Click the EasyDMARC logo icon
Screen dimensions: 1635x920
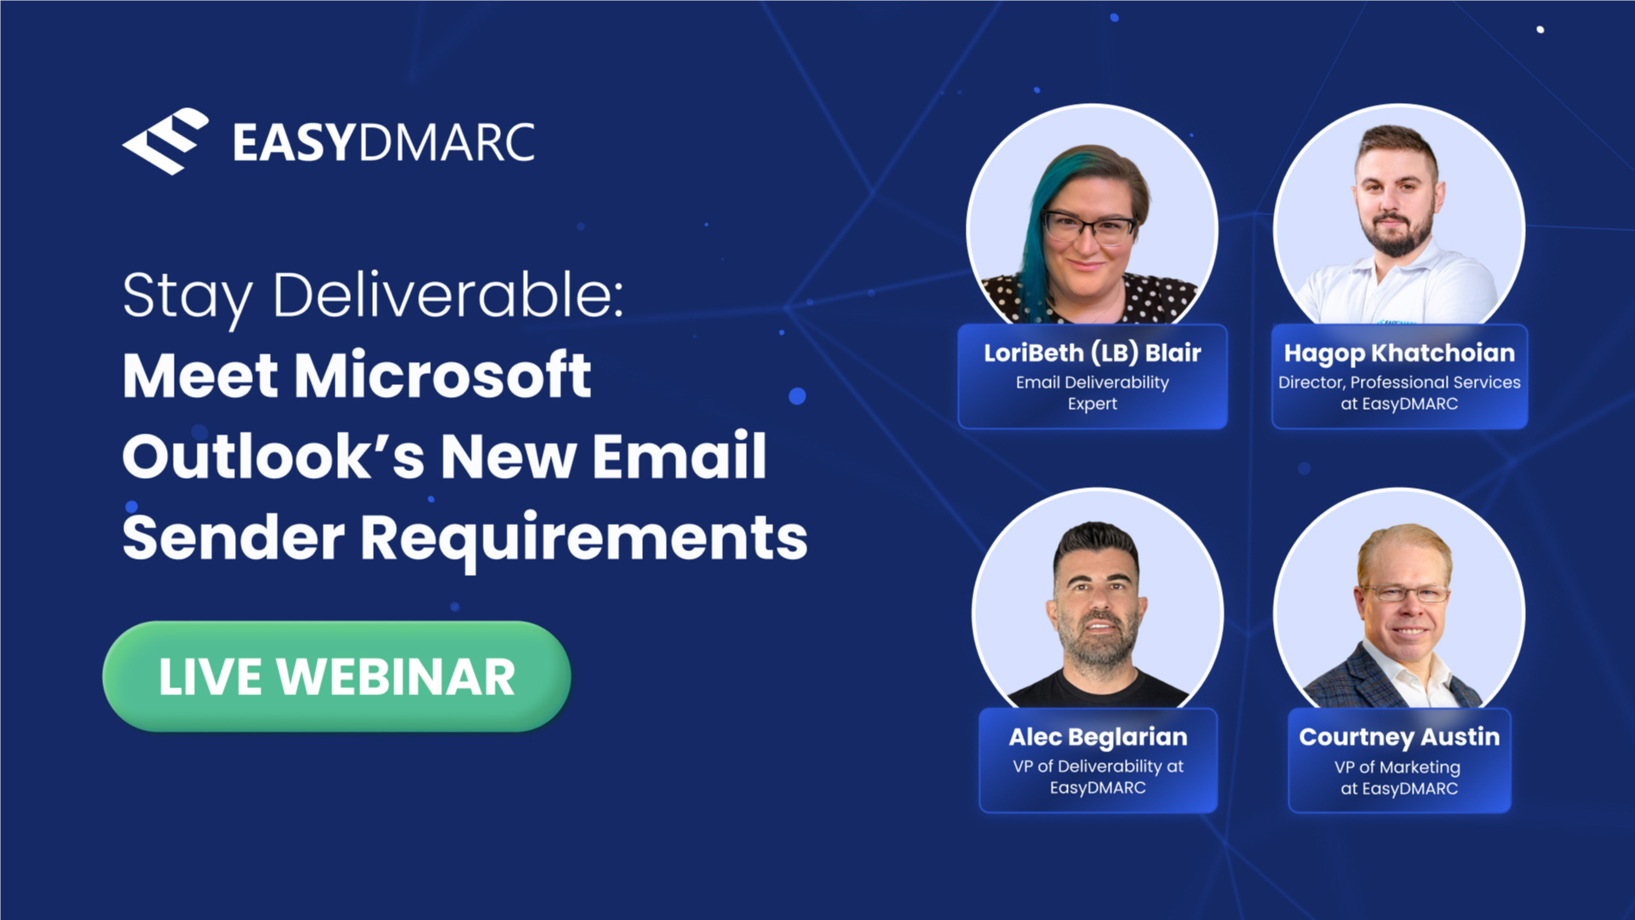point(165,141)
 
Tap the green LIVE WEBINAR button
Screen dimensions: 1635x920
point(337,676)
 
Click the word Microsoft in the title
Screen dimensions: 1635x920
point(442,375)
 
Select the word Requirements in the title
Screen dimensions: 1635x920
point(583,538)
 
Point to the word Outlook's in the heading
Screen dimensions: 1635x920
point(273,456)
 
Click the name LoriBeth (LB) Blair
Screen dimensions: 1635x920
point(1093,353)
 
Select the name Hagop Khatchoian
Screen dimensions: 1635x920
point(1399,354)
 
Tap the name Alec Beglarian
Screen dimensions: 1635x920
point(1098,738)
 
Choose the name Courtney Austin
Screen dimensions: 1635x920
point(1399,738)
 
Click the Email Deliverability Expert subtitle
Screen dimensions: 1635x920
point(1093,393)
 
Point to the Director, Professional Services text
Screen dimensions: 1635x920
point(1399,382)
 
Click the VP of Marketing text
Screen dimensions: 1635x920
point(1397,768)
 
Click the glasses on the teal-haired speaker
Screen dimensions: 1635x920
point(1090,227)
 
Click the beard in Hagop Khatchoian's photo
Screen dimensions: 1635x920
point(1397,233)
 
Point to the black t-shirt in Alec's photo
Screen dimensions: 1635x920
point(1098,689)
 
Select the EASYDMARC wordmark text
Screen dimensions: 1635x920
point(384,142)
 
